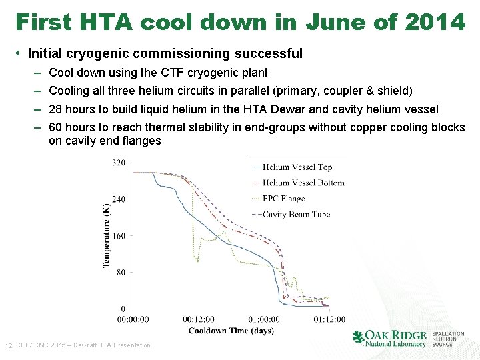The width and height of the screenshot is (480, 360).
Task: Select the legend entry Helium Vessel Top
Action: (x=297, y=167)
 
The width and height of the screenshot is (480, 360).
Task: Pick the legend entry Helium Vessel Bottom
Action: (x=303, y=183)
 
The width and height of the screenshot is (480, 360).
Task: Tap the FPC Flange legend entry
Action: (x=283, y=199)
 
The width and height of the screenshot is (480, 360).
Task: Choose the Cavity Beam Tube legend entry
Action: (x=296, y=214)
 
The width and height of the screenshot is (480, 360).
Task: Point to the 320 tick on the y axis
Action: (x=118, y=163)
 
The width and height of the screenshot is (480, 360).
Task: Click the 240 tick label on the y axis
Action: (x=118, y=199)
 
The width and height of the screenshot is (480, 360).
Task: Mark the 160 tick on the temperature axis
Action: (x=118, y=236)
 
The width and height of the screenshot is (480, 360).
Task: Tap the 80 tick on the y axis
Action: (x=120, y=273)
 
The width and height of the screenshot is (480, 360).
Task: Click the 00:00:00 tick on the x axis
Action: (x=133, y=319)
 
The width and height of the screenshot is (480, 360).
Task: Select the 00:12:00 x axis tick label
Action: (x=199, y=319)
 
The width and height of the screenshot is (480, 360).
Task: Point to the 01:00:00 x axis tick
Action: (x=264, y=319)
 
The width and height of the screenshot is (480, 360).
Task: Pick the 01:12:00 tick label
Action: (x=329, y=319)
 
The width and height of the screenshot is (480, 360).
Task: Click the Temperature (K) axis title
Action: (x=106, y=236)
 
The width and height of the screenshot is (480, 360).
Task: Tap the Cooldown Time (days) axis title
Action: (x=231, y=331)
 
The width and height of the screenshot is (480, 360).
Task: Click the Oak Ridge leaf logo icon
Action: (x=359, y=337)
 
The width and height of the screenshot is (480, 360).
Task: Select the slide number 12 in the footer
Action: (x=9, y=345)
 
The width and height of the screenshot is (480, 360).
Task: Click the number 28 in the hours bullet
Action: (x=56, y=109)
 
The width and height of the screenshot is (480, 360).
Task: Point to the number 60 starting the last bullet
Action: (x=56, y=127)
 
